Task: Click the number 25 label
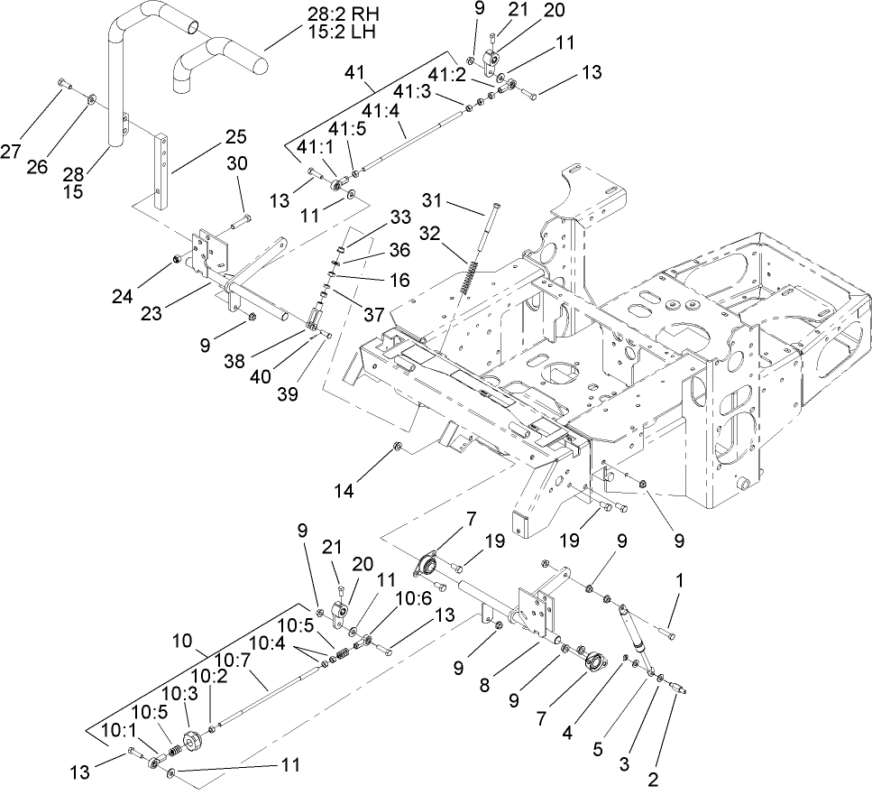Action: [x=235, y=136]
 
